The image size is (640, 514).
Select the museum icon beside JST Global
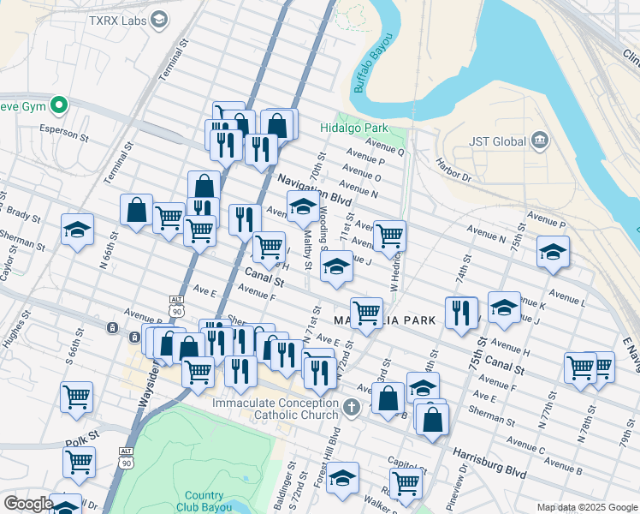point(539,140)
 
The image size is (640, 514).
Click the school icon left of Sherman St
point(77,231)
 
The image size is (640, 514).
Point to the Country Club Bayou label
point(204,501)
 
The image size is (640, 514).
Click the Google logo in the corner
point(28,504)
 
